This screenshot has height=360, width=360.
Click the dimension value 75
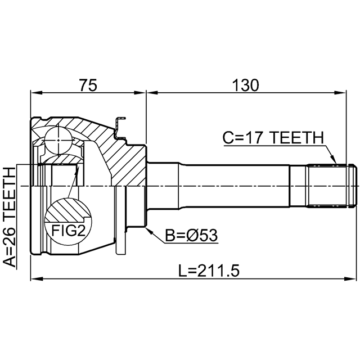pyautogui.click(x=88, y=85)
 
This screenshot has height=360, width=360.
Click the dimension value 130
pyautogui.click(x=245, y=85)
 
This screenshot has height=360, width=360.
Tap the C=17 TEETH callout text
pyautogui.click(x=273, y=137)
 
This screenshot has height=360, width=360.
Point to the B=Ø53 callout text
pyautogui.click(x=191, y=235)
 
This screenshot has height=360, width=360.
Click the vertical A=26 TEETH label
pyautogui.click(x=10, y=217)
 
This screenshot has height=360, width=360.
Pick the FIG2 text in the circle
pyautogui.click(x=68, y=231)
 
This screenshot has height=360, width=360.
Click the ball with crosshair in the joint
pyautogui.click(x=58, y=140)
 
